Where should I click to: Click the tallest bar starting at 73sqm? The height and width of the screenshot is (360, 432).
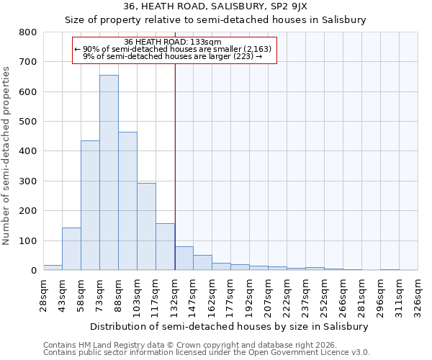[109, 173]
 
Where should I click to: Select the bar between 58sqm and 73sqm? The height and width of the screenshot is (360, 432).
[90, 205]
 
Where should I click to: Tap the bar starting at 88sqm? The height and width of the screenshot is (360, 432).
[127, 201]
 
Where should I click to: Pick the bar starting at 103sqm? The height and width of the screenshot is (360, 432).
[146, 227]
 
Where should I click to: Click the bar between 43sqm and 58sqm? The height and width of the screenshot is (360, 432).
[71, 249]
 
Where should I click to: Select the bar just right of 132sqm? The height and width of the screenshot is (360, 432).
[184, 258]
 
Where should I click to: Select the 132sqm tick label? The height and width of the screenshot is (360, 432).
[174, 295]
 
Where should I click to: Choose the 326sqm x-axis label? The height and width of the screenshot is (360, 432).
[418, 295]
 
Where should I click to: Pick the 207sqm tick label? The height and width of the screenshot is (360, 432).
[268, 295]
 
